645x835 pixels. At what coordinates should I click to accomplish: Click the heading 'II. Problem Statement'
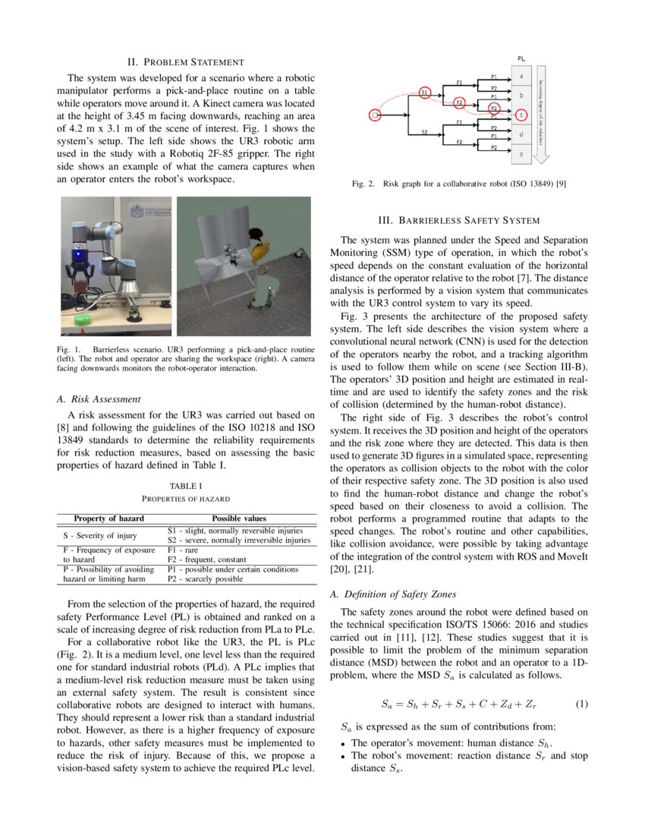(x=185, y=61)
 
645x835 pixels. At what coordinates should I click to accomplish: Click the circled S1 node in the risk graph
(x=425, y=92)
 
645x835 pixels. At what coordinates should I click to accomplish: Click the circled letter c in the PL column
(x=521, y=115)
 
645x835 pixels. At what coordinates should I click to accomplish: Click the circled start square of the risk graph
(x=374, y=115)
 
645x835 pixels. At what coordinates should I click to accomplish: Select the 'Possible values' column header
(x=238, y=518)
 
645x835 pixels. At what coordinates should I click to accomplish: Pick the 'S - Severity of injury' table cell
(x=99, y=535)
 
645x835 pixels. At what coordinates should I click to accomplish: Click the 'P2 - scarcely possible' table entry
(x=205, y=579)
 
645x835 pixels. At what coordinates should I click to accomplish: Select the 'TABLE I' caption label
(x=186, y=485)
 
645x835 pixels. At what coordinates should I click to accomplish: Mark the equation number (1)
(x=581, y=704)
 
